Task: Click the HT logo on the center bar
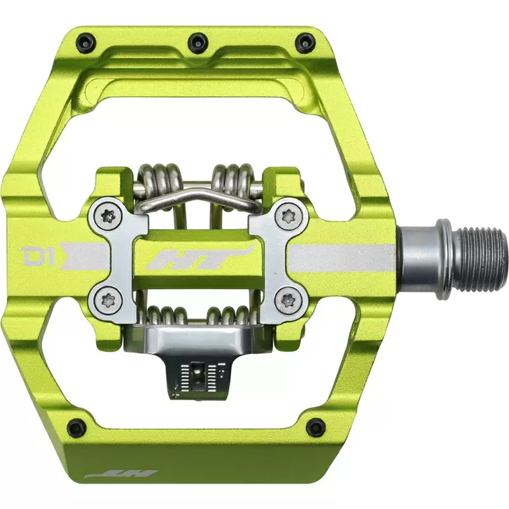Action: click(199, 258)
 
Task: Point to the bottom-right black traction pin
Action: click(316, 426)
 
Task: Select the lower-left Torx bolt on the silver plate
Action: click(107, 302)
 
